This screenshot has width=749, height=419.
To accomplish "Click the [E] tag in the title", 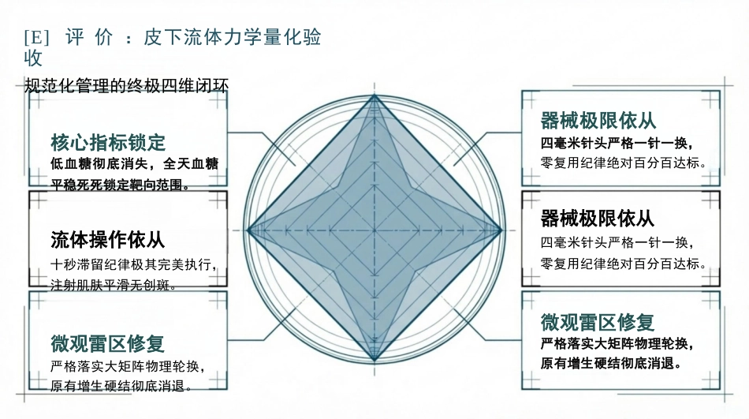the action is (37, 37).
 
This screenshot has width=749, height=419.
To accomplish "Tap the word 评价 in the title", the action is (89, 37).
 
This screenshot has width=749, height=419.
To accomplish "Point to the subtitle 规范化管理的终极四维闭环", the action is (127, 86).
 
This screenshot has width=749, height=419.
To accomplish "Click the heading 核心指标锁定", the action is (108, 143).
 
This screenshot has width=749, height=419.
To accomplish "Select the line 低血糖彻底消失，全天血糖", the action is (134, 164).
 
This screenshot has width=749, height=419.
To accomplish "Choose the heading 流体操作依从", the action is (107, 240).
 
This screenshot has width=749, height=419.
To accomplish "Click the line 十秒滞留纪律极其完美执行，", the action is (134, 264).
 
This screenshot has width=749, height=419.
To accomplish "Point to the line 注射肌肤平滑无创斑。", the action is (114, 286).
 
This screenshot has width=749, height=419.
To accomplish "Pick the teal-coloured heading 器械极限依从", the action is (598, 121).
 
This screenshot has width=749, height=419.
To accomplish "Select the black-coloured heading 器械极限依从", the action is (597, 219).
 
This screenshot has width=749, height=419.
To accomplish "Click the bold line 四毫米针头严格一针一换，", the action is (617, 143).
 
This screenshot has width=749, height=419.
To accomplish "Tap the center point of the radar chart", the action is (374, 230).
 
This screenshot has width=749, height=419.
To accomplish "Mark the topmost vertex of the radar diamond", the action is (374, 95).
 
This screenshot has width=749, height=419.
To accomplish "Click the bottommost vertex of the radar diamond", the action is (374, 360).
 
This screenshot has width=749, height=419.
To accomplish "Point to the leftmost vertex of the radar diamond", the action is (248, 230).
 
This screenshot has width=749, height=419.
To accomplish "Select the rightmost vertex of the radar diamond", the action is (501, 230).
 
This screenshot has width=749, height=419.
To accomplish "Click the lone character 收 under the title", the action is (33, 58).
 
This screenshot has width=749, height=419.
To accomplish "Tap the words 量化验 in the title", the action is (292, 37).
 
